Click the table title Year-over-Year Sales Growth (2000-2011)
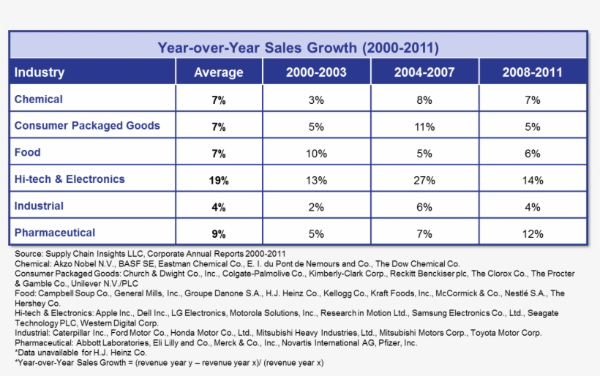(299, 48)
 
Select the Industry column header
(40, 72)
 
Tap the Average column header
(218, 72)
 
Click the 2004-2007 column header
(424, 72)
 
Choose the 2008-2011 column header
(532, 72)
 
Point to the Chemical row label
(39, 99)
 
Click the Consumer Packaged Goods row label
(87, 126)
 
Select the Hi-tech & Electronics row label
(70, 179)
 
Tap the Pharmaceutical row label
(55, 233)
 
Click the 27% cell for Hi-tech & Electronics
(424, 180)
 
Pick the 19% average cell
(218, 180)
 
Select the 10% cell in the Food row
(316, 153)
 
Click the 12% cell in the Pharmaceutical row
(532, 233)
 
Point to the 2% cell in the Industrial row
(316, 207)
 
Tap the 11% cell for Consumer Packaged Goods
(424, 127)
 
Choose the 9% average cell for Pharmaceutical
(218, 233)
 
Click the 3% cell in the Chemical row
(316, 100)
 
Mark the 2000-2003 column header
(316, 72)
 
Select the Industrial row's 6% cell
(424, 207)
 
